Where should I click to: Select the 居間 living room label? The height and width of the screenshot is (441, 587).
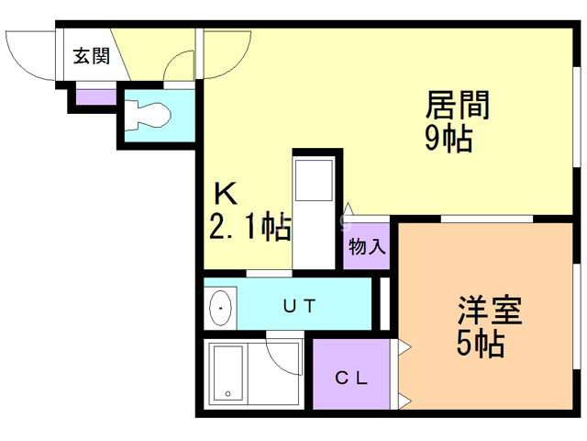[456, 104]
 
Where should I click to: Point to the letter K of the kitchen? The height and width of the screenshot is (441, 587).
[226, 195]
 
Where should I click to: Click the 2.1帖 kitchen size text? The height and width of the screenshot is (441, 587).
[250, 226]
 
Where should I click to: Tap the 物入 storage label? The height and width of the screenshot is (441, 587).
[367, 246]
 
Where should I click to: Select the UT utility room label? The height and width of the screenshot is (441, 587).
[299, 306]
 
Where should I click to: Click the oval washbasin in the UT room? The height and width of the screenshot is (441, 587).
[221, 308]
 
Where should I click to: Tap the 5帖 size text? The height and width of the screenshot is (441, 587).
[480, 345]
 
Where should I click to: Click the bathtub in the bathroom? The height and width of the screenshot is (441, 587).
[235, 375]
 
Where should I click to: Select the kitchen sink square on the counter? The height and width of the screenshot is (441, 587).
[314, 180]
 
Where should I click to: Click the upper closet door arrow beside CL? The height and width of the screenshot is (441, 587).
[404, 348]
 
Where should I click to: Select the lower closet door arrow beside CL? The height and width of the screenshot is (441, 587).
[404, 401]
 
